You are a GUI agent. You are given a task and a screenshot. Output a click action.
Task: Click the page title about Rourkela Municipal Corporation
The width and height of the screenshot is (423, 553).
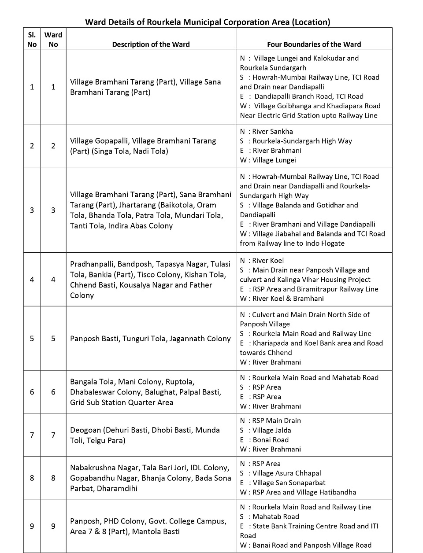pyautogui.click(x=208, y=22)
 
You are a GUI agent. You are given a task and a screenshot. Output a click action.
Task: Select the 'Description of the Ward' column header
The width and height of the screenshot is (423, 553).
pyautogui.click(x=151, y=44)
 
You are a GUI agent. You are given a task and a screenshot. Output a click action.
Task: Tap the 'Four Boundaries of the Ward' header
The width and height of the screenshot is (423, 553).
pyautogui.click(x=314, y=44)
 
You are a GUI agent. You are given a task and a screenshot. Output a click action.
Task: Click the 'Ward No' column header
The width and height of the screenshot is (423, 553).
pyautogui.click(x=53, y=39)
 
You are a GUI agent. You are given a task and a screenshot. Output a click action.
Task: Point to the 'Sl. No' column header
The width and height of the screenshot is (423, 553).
pyautogui.click(x=32, y=39)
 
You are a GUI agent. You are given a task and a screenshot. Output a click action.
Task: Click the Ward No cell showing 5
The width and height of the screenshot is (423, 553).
pyautogui.click(x=53, y=339)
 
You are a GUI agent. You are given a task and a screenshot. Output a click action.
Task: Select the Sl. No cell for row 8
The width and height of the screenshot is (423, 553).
pyautogui.click(x=32, y=478)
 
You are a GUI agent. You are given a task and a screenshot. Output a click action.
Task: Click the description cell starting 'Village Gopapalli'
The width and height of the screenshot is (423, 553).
pyautogui.click(x=143, y=146)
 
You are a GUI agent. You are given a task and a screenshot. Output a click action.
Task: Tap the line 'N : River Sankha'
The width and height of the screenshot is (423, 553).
pyautogui.click(x=266, y=131)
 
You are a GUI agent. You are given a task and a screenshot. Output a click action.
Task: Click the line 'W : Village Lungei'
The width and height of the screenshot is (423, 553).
pyautogui.click(x=268, y=160)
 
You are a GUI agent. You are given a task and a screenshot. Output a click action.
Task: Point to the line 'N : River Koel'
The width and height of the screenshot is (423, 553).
pyautogui.click(x=262, y=260)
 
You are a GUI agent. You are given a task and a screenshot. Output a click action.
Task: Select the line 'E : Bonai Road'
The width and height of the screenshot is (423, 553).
pyautogui.click(x=264, y=439)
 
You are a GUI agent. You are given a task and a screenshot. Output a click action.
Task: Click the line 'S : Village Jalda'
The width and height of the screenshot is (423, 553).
pyautogui.click(x=265, y=430)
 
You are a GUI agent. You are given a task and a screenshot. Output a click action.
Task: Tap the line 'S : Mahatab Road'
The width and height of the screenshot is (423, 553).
pyautogui.click(x=269, y=516)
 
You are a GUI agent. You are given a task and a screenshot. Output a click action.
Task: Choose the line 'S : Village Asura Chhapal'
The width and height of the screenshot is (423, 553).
pyautogui.click(x=280, y=473)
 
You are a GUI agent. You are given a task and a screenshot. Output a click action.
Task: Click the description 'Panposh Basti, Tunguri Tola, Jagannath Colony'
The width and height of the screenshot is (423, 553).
pyautogui.click(x=150, y=339)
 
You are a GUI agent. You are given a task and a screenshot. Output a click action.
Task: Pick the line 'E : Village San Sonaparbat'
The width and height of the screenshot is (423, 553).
pyautogui.click(x=283, y=483)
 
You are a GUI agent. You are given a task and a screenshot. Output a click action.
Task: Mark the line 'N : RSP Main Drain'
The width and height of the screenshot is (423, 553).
pyautogui.click(x=270, y=420)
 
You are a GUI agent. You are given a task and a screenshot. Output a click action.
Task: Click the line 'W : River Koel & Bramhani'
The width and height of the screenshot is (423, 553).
pyautogui.click(x=282, y=298)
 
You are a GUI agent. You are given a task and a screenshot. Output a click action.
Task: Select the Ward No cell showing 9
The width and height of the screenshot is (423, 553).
pyautogui.click(x=53, y=526)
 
